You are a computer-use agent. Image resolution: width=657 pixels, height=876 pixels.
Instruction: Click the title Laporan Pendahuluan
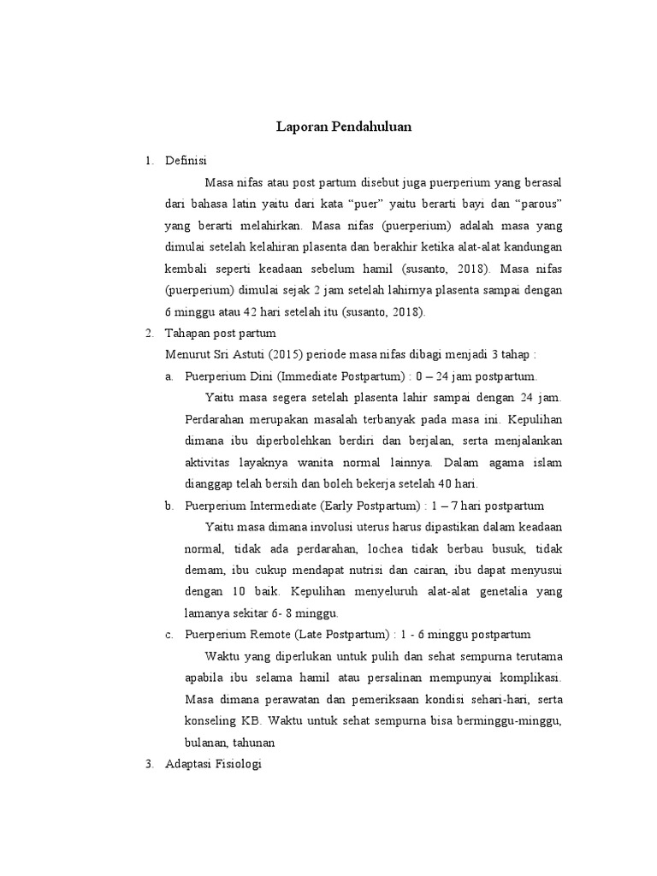[x=344, y=127]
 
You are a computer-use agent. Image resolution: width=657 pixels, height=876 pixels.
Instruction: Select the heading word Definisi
[x=186, y=160]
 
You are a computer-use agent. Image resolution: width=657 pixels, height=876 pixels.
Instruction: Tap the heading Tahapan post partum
[x=220, y=333]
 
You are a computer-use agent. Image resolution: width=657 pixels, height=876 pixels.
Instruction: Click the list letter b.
[x=169, y=506]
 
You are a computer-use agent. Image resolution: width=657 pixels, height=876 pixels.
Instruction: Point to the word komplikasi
[x=528, y=678]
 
